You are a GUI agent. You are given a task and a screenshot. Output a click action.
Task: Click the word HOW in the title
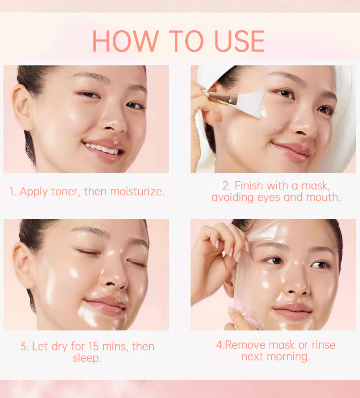click(x=126, y=41)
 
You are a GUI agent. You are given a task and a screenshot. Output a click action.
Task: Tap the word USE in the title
click(x=240, y=41)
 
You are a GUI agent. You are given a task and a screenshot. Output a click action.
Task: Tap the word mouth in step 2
click(x=323, y=197)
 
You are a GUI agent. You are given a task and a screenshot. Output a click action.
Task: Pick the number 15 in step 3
click(x=94, y=347)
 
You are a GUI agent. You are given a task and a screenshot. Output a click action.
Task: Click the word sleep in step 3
click(x=86, y=358)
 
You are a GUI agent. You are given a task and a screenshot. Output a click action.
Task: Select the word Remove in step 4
click(x=245, y=345)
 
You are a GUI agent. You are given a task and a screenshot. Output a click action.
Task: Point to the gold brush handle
click(x=221, y=98)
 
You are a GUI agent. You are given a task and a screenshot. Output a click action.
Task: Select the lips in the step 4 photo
click(x=292, y=311)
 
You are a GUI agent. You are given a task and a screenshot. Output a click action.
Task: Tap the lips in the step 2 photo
click(x=291, y=151)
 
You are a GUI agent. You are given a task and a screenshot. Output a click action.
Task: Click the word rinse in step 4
click(x=324, y=345)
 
